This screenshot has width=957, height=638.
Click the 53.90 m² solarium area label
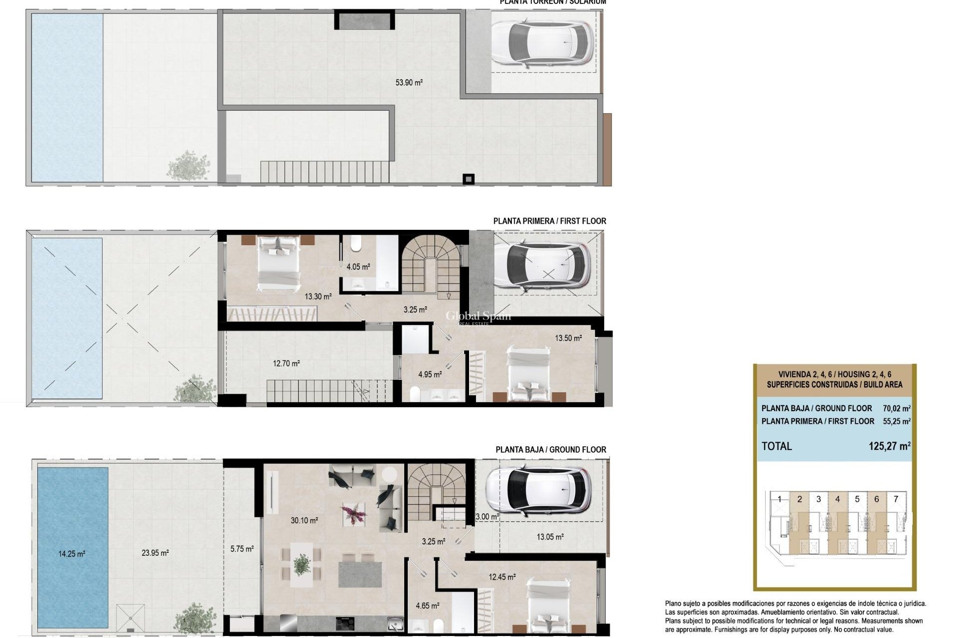409,83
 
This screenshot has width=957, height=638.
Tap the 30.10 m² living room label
304,520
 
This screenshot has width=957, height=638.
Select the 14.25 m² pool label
72,554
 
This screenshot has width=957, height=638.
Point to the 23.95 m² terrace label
155,553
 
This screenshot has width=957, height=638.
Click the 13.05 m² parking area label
550,537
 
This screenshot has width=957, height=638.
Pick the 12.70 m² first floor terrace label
286,363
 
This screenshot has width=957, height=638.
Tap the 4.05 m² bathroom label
358,267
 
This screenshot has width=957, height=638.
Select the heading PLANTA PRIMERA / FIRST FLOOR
549,221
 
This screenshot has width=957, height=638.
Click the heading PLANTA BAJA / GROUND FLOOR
550,450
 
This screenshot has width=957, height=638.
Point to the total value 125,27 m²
889,446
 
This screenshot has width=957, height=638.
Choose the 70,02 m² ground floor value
896,408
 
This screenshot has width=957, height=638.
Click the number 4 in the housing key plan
851,499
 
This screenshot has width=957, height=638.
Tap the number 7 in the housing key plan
896,499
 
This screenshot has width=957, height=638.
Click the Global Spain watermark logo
478,317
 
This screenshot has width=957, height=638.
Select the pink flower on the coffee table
353,513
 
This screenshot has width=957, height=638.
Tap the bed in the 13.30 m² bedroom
279,263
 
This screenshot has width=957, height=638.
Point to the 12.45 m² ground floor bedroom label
502,577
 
